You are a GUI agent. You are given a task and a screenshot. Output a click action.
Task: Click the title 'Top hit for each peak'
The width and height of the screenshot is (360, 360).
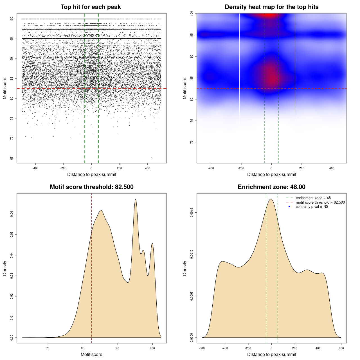(x=91, y=7)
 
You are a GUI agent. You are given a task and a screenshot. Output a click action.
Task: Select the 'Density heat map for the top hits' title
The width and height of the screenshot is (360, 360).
(x=271, y=7)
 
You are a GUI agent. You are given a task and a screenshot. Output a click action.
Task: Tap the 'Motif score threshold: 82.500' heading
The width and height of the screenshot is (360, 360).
(x=91, y=187)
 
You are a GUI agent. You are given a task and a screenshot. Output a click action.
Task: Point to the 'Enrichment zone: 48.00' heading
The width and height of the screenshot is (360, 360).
(x=271, y=187)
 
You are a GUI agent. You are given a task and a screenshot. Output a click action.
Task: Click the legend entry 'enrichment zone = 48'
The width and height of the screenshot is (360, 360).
(x=313, y=198)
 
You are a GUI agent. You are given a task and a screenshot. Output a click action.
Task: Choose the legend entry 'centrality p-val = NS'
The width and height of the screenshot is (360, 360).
(x=312, y=207)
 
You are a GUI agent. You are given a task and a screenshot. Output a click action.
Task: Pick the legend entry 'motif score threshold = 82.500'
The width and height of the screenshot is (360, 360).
(x=320, y=202)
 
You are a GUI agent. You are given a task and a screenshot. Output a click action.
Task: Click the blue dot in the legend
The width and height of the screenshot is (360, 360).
(x=289, y=207)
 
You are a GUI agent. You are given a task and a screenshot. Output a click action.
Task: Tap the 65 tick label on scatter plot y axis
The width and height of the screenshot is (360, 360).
(x=12, y=158)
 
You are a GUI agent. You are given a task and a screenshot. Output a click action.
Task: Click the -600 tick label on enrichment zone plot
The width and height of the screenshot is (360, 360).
(x=202, y=348)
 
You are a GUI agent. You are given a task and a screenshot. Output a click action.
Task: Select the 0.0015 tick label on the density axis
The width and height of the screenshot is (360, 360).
(x=192, y=213)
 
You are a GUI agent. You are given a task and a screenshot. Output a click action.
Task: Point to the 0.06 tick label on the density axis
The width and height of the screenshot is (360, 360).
(x=12, y=214)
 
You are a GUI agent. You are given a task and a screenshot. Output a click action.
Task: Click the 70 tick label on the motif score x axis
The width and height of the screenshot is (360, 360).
(x=48, y=348)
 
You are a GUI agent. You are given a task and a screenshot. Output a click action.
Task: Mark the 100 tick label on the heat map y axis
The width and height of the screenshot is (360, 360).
(x=192, y=13)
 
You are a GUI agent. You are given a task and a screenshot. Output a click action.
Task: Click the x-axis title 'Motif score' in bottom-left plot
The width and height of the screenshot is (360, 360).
(x=91, y=354)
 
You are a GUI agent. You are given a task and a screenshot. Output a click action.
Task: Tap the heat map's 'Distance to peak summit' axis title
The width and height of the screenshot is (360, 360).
(x=271, y=174)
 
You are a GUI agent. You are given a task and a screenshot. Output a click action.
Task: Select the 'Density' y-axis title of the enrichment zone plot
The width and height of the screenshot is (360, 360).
(x=185, y=268)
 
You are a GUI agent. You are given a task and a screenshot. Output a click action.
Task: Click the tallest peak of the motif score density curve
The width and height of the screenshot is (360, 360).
(x=136, y=199)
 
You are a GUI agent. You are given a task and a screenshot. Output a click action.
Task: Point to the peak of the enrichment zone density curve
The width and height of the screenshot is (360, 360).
(x=271, y=199)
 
